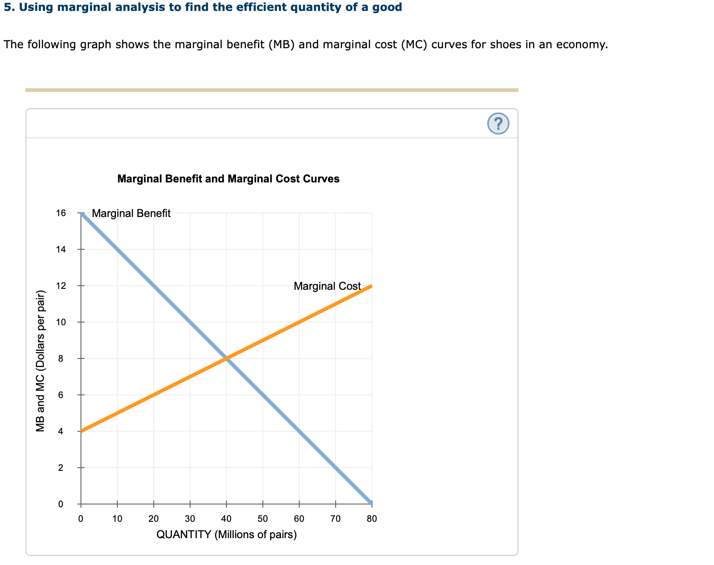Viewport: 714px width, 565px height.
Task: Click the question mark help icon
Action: (498, 124)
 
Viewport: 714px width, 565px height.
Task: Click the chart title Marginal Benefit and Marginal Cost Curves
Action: (228, 179)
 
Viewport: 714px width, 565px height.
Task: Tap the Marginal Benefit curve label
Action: (131, 213)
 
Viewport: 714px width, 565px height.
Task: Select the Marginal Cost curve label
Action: (327, 286)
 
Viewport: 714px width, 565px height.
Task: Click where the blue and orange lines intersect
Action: (226, 358)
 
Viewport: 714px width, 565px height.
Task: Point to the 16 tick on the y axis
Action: (61, 213)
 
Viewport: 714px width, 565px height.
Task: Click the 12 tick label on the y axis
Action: (61, 286)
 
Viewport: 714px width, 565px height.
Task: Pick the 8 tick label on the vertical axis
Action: (61, 358)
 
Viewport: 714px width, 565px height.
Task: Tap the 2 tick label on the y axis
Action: (61, 468)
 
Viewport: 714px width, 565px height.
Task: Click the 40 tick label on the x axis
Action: (226, 519)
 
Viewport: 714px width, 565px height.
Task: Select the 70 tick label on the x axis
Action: (335, 519)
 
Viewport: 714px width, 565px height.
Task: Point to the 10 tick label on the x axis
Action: (117, 519)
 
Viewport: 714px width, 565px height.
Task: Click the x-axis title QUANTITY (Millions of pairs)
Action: (226, 535)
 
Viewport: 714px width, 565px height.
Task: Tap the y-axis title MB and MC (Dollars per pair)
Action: (40, 361)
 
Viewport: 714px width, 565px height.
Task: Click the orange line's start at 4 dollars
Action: (81, 431)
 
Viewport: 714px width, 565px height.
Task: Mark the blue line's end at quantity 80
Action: (371, 503)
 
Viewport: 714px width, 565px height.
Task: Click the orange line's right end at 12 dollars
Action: (371, 286)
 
